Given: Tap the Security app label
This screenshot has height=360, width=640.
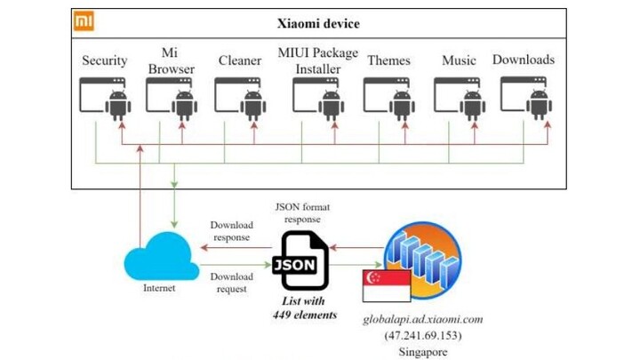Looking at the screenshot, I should [x=105, y=61].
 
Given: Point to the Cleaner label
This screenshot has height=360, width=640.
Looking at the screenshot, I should [x=240, y=61].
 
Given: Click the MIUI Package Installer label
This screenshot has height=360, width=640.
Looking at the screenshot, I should [x=318, y=60].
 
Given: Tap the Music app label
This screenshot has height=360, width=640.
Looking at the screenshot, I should [x=459, y=61].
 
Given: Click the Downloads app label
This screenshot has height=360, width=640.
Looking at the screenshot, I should [x=524, y=60].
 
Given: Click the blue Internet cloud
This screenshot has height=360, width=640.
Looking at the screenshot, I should [x=160, y=257].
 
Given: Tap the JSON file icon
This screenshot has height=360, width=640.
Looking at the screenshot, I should [x=303, y=260].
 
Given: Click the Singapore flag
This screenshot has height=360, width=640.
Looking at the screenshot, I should [x=388, y=285].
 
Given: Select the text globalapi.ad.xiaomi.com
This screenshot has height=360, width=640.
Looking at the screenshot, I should [x=422, y=319].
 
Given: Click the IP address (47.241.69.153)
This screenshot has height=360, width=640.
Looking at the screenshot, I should [x=422, y=335].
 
